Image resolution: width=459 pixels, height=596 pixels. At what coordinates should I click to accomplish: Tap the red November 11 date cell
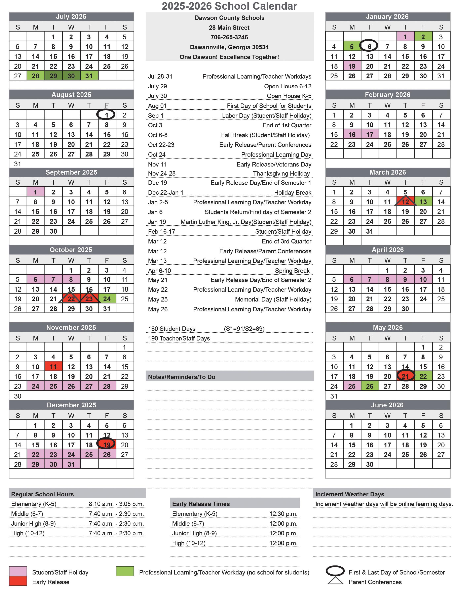coord(53,366)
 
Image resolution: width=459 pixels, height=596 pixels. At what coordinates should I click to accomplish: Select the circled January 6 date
coord(369,46)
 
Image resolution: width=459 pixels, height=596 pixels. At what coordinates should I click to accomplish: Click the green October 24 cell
coord(107,299)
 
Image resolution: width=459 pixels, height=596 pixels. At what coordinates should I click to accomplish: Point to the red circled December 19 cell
coord(107,445)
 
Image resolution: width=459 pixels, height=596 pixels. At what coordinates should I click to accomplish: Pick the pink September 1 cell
coord(36,192)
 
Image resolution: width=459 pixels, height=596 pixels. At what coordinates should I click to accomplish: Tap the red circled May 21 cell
coord(405,376)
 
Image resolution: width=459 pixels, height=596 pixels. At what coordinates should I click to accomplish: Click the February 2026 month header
coord(387,95)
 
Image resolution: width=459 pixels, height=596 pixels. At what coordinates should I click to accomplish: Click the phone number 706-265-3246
coord(229,37)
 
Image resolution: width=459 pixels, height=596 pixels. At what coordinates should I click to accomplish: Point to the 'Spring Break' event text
coord(292,270)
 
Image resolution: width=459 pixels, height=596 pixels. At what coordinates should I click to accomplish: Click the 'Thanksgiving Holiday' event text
coord(281,174)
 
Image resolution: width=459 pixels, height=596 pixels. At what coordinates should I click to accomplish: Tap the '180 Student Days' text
coord(172,329)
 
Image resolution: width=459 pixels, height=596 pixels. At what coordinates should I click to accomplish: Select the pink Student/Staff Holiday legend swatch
coord(18,571)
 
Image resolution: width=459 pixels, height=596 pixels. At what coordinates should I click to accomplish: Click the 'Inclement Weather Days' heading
coord(349,494)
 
